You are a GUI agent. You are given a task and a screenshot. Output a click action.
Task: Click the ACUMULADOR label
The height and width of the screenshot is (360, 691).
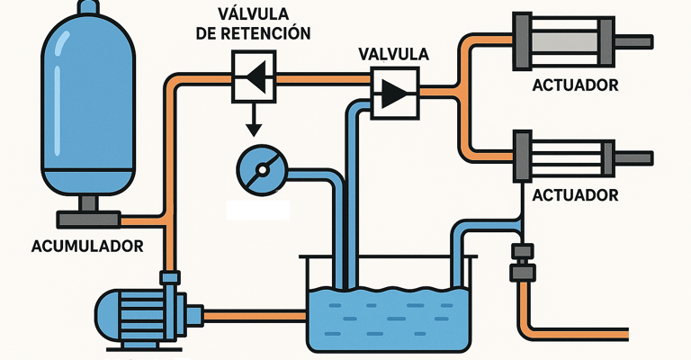click(x=87, y=245)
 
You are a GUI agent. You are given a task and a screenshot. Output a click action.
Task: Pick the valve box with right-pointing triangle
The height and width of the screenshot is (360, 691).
click(x=395, y=92)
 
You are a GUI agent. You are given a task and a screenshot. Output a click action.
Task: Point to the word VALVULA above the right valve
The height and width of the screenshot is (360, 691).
click(x=393, y=55)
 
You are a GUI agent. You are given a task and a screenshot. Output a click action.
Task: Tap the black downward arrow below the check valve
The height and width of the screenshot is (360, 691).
click(x=254, y=121)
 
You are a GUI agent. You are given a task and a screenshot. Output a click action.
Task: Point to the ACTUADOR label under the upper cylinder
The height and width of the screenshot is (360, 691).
click(x=575, y=86)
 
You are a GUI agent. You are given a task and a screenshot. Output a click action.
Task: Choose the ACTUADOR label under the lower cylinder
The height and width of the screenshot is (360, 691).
click(x=575, y=194)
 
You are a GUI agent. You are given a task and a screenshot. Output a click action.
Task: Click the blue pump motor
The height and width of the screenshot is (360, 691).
click(x=140, y=310)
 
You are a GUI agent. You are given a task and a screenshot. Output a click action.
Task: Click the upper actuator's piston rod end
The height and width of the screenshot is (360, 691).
click(x=643, y=41)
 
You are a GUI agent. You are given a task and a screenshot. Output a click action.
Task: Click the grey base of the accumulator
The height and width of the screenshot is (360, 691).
click(x=87, y=219)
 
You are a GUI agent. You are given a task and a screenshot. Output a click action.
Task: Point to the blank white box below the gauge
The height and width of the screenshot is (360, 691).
click(x=258, y=209)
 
